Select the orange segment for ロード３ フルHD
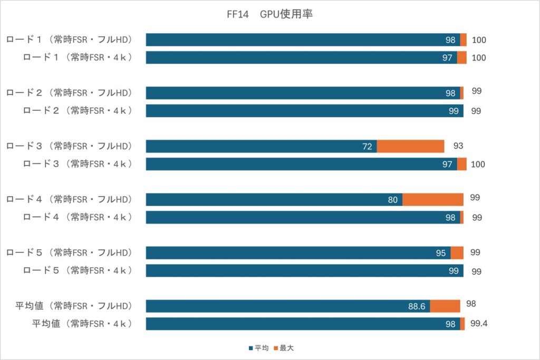tap(410, 146)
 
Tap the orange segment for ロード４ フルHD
tap(432, 200)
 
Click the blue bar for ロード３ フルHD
tap(261, 146)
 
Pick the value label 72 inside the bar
tap(367, 146)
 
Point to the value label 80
tap(392, 200)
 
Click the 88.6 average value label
tap(417, 306)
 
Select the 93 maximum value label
tap(458, 145)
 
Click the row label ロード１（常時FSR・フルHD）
tap(69, 40)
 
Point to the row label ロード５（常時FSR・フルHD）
tap(69, 252)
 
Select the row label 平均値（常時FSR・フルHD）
tap(73, 306)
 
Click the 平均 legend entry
tap(259, 348)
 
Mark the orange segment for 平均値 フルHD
tap(445, 306)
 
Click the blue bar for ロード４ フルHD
tap(274, 200)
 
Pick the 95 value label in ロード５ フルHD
tap(441, 253)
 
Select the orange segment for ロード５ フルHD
tap(457, 253)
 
